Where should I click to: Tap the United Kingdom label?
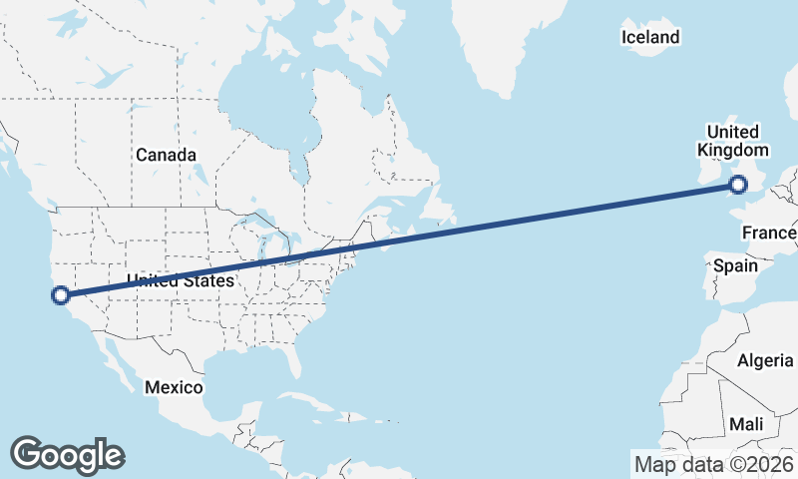tap(733, 141)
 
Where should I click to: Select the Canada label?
tap(166, 155)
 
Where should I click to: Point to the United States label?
tap(180, 281)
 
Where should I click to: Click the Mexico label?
tap(174, 386)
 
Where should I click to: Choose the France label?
tap(768, 234)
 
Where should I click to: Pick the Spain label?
tap(736, 266)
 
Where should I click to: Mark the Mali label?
tap(746, 424)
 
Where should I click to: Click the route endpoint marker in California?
tap(61, 294)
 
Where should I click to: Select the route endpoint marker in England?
tap(738, 184)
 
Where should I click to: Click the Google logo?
tap(67, 454)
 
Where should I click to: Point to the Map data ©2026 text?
tap(714, 463)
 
